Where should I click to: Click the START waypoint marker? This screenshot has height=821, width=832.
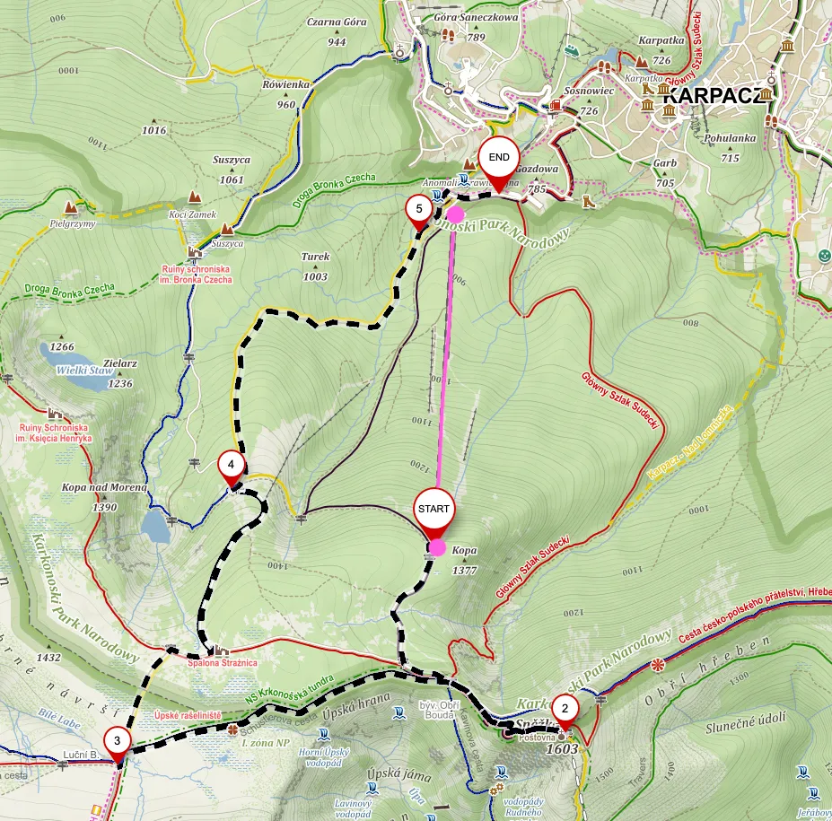[434, 510]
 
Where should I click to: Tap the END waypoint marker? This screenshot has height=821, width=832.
[499, 160]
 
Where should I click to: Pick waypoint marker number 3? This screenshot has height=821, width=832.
[118, 742]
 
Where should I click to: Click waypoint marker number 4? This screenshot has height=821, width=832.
[232, 466]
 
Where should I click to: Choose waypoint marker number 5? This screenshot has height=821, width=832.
[417, 210]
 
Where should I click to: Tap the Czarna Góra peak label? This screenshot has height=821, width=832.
[337, 22]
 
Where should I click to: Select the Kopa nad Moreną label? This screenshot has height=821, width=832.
[104, 487]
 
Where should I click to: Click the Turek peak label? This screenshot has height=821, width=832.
[315, 257]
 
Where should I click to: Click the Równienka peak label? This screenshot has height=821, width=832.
[286, 84]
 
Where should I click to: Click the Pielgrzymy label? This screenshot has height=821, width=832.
[74, 223]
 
